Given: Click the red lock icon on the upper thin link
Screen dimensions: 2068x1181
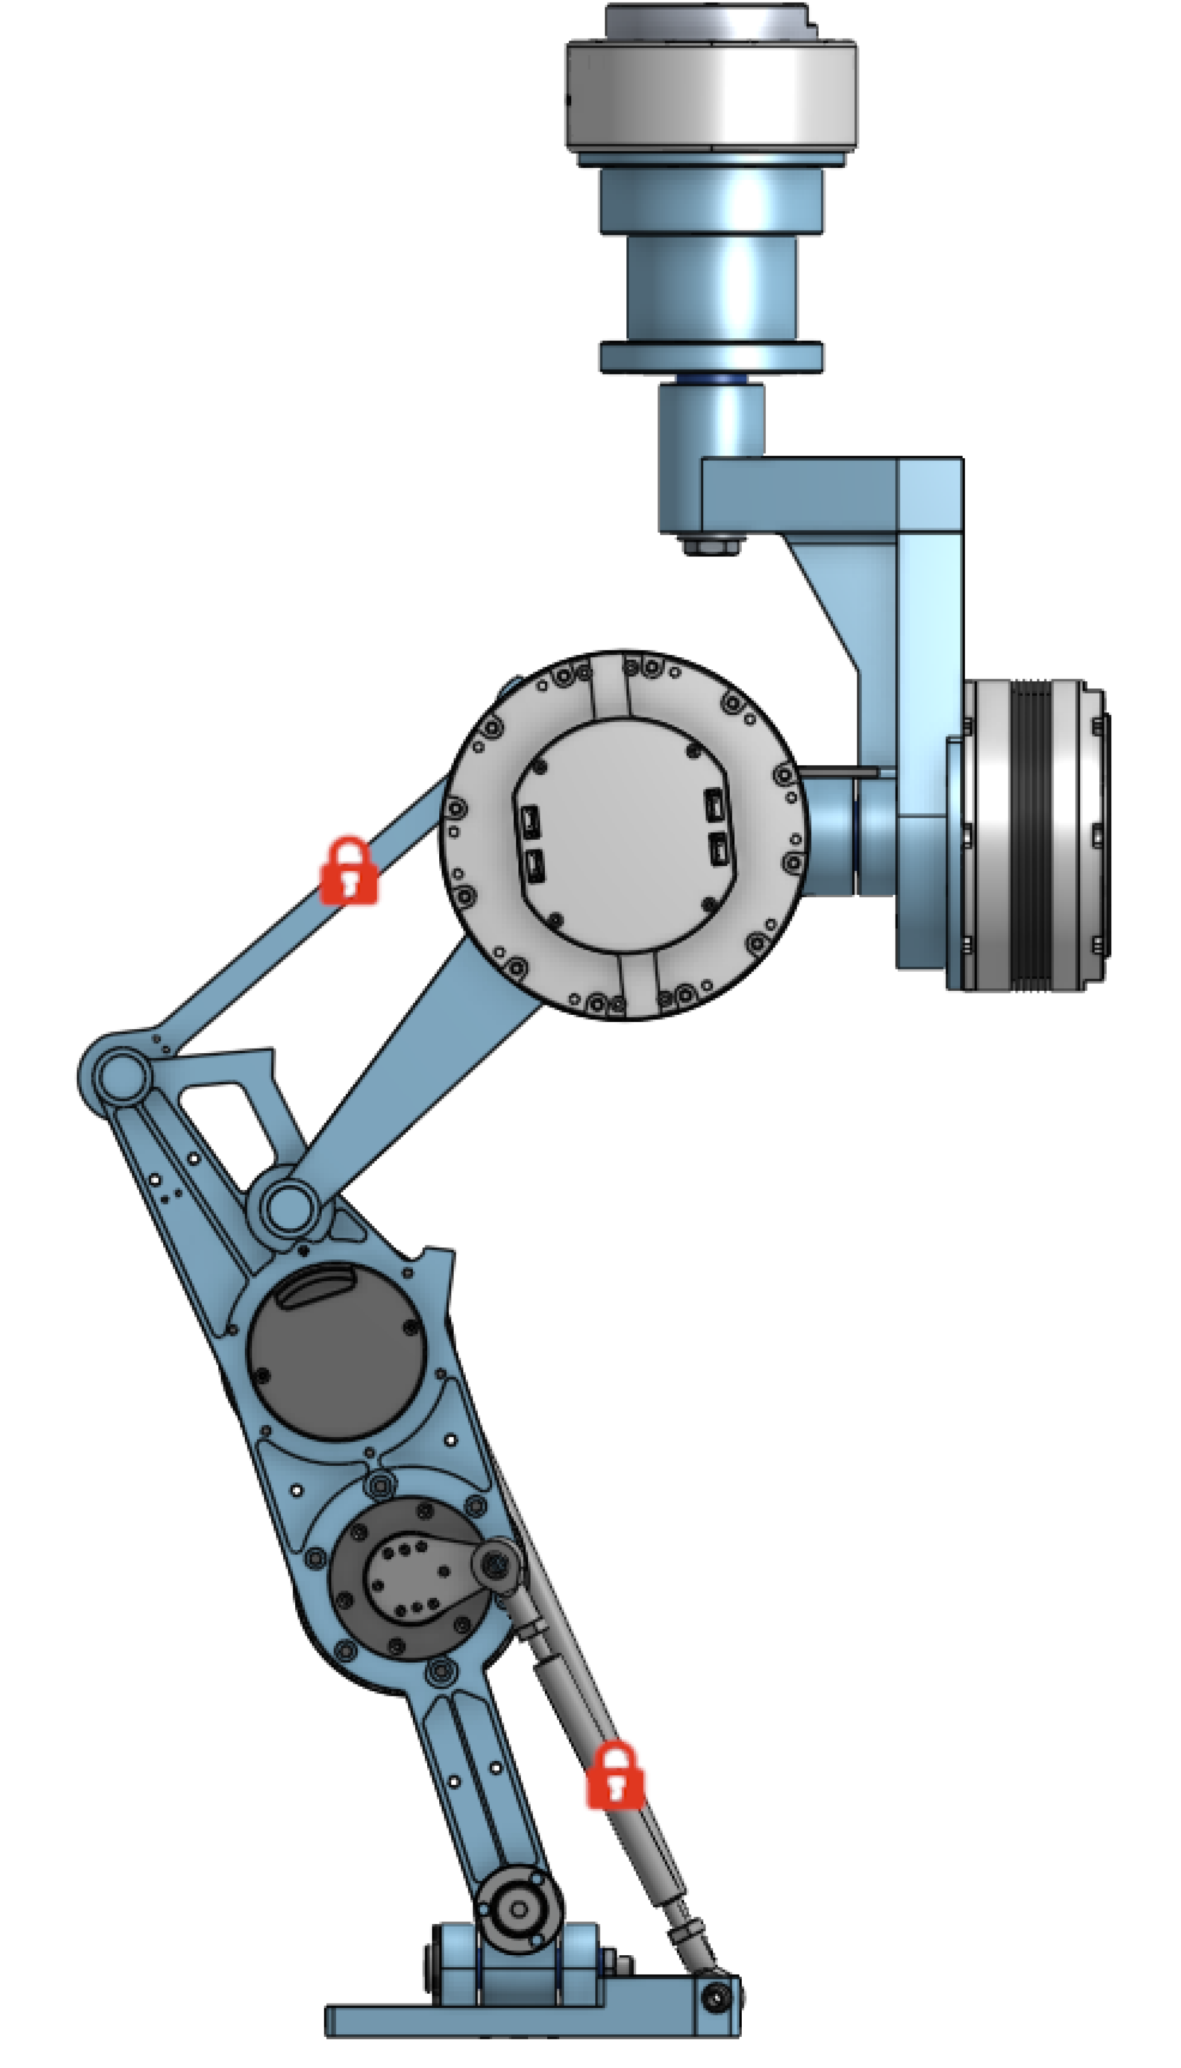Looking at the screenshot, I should point(349,871).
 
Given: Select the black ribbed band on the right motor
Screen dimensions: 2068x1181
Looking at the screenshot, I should point(1030,835).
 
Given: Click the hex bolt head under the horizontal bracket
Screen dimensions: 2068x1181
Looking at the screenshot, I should point(711,545).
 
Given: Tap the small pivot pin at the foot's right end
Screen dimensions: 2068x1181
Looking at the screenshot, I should point(715,1998).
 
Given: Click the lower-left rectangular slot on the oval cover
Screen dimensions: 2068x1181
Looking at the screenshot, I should point(534,866).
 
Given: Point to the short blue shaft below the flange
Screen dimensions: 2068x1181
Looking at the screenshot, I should point(711,417).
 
